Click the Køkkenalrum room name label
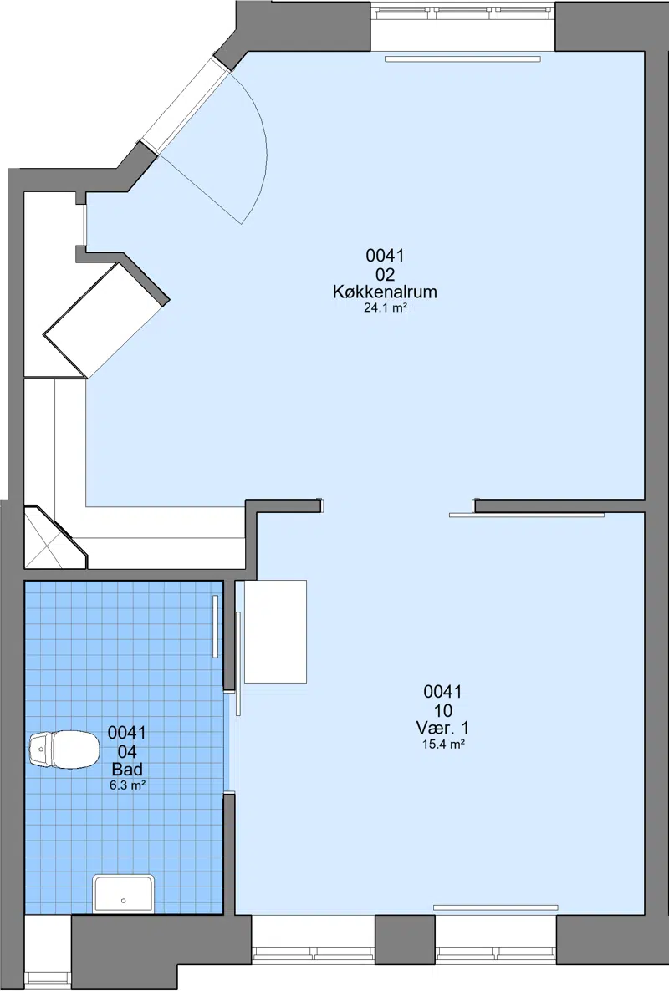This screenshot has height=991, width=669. [x=385, y=292]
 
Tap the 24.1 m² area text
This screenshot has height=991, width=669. [x=385, y=308]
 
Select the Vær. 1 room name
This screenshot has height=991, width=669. [x=442, y=728]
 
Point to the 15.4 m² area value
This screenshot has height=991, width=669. [x=443, y=745]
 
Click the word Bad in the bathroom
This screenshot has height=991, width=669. [x=127, y=770]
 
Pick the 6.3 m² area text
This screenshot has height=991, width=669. [x=128, y=785]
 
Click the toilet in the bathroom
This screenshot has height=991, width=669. [x=64, y=750]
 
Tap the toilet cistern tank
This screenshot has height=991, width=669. [x=39, y=750]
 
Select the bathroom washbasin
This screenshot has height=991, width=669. [x=123, y=894]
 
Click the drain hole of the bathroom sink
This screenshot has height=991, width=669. [x=123, y=901]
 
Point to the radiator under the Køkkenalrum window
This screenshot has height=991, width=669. [x=462, y=58]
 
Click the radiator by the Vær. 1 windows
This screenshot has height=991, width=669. [x=495, y=907]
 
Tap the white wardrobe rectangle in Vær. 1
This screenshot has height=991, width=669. [x=275, y=632]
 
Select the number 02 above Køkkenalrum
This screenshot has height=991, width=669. [x=385, y=274]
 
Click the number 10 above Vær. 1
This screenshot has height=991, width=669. [x=442, y=709]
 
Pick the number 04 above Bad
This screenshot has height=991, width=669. [x=127, y=751]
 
